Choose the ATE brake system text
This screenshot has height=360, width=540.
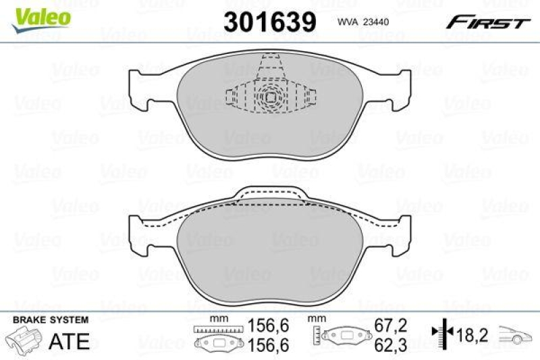click(x=69, y=341)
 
